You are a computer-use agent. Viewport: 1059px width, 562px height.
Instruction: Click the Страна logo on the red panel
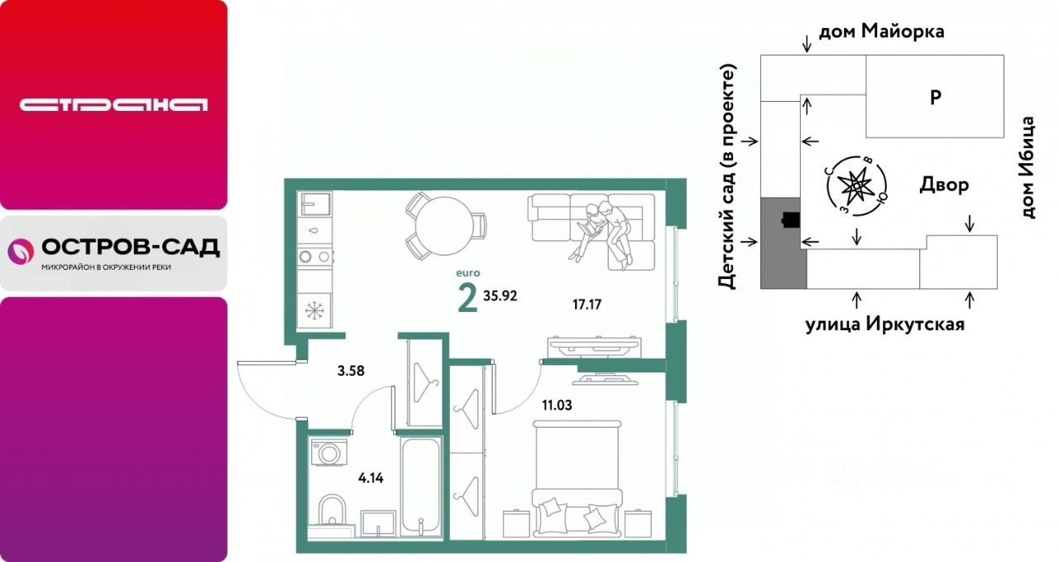tap(113, 105)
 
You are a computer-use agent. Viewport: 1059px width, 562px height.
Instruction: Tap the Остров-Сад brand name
tap(131, 247)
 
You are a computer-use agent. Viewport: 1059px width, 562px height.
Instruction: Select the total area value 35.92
tap(501, 296)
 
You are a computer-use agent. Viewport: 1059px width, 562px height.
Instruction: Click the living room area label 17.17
tap(587, 305)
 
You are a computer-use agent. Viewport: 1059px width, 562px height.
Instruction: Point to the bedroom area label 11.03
tap(557, 406)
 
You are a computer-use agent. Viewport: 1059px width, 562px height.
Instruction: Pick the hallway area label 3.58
tap(351, 372)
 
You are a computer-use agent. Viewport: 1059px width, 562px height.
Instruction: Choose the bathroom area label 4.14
tap(371, 478)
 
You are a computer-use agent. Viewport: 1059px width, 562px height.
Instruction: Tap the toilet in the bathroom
tap(332, 511)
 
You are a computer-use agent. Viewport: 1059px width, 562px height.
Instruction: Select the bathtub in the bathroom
tap(421, 487)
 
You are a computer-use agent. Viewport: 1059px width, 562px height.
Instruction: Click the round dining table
tap(444, 226)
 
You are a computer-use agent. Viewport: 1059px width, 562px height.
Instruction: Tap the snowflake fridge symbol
tap(314, 310)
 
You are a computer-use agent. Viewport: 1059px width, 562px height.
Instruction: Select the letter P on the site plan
tap(935, 98)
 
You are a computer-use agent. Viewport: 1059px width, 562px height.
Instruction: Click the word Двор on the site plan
tap(944, 184)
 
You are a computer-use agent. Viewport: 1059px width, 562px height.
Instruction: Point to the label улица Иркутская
tap(885, 325)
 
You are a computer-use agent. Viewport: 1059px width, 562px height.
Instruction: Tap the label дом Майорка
tap(882, 31)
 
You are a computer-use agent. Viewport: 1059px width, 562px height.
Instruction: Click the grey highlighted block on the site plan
tap(783, 243)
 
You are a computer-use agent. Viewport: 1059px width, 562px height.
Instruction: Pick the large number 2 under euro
tap(467, 300)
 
